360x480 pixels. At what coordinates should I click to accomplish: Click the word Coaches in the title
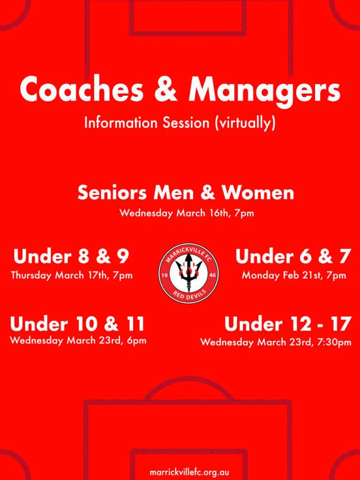click(x=82, y=89)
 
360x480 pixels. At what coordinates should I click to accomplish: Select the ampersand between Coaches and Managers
click(x=165, y=90)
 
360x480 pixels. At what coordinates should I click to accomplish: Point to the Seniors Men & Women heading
click(x=186, y=193)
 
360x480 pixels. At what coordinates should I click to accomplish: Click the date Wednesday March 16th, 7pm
click(x=187, y=213)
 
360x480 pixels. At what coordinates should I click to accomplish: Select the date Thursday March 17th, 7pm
click(x=72, y=275)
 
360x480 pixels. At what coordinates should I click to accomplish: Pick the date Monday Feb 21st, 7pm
click(x=294, y=275)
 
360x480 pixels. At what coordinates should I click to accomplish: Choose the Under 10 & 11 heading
click(x=77, y=324)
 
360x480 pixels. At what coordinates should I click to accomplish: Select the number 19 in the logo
click(x=164, y=275)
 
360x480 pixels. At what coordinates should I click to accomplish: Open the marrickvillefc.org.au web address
click(x=189, y=472)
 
